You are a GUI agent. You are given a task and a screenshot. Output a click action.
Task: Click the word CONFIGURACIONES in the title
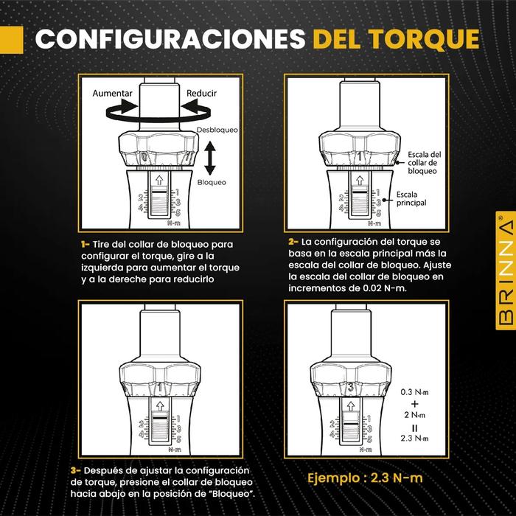point(170,40)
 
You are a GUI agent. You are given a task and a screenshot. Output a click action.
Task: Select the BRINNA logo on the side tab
point(506,271)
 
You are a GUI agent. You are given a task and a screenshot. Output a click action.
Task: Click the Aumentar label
point(112,94)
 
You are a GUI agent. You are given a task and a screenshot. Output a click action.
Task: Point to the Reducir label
point(201,94)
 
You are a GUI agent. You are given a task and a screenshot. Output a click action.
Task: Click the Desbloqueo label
point(217,130)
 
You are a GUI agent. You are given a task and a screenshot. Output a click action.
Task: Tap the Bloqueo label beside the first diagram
point(212,182)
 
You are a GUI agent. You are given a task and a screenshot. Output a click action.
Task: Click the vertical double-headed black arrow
point(210,158)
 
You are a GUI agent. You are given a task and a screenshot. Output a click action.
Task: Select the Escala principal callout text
point(411,199)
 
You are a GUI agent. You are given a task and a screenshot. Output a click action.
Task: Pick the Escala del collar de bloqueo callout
point(424,163)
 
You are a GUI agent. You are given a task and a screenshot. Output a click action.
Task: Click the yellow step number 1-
point(86,245)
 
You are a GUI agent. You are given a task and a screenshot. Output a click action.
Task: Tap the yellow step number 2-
point(293,242)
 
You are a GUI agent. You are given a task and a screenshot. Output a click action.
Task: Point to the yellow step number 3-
point(76,470)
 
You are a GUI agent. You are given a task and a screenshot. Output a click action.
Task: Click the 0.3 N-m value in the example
point(414,392)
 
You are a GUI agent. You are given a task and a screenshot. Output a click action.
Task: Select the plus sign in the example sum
point(414,403)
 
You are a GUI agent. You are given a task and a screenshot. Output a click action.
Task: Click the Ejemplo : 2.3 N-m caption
point(365,478)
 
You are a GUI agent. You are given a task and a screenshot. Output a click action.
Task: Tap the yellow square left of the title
point(12,40)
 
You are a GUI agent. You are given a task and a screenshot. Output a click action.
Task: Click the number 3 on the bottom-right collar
point(351,387)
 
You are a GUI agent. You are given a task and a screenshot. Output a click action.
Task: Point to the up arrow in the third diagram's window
point(160,405)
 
